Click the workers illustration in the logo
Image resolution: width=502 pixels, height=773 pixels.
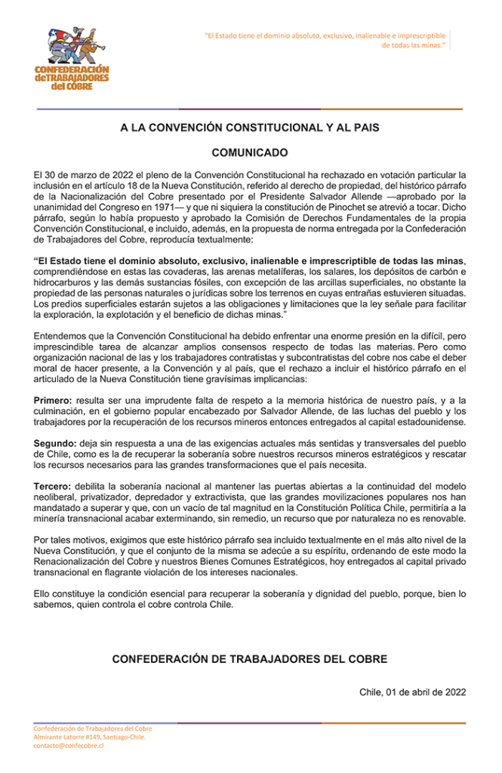[x=71, y=46]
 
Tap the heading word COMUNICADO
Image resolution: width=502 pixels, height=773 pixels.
[x=249, y=152]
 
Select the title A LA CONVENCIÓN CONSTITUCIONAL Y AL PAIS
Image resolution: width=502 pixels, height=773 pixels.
[x=249, y=128]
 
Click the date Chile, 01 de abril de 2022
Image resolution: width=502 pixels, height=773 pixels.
[x=412, y=691]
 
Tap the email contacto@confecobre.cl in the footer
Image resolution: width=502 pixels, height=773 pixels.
[x=68, y=746]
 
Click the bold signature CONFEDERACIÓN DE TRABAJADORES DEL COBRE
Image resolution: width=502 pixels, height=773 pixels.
[x=249, y=659]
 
